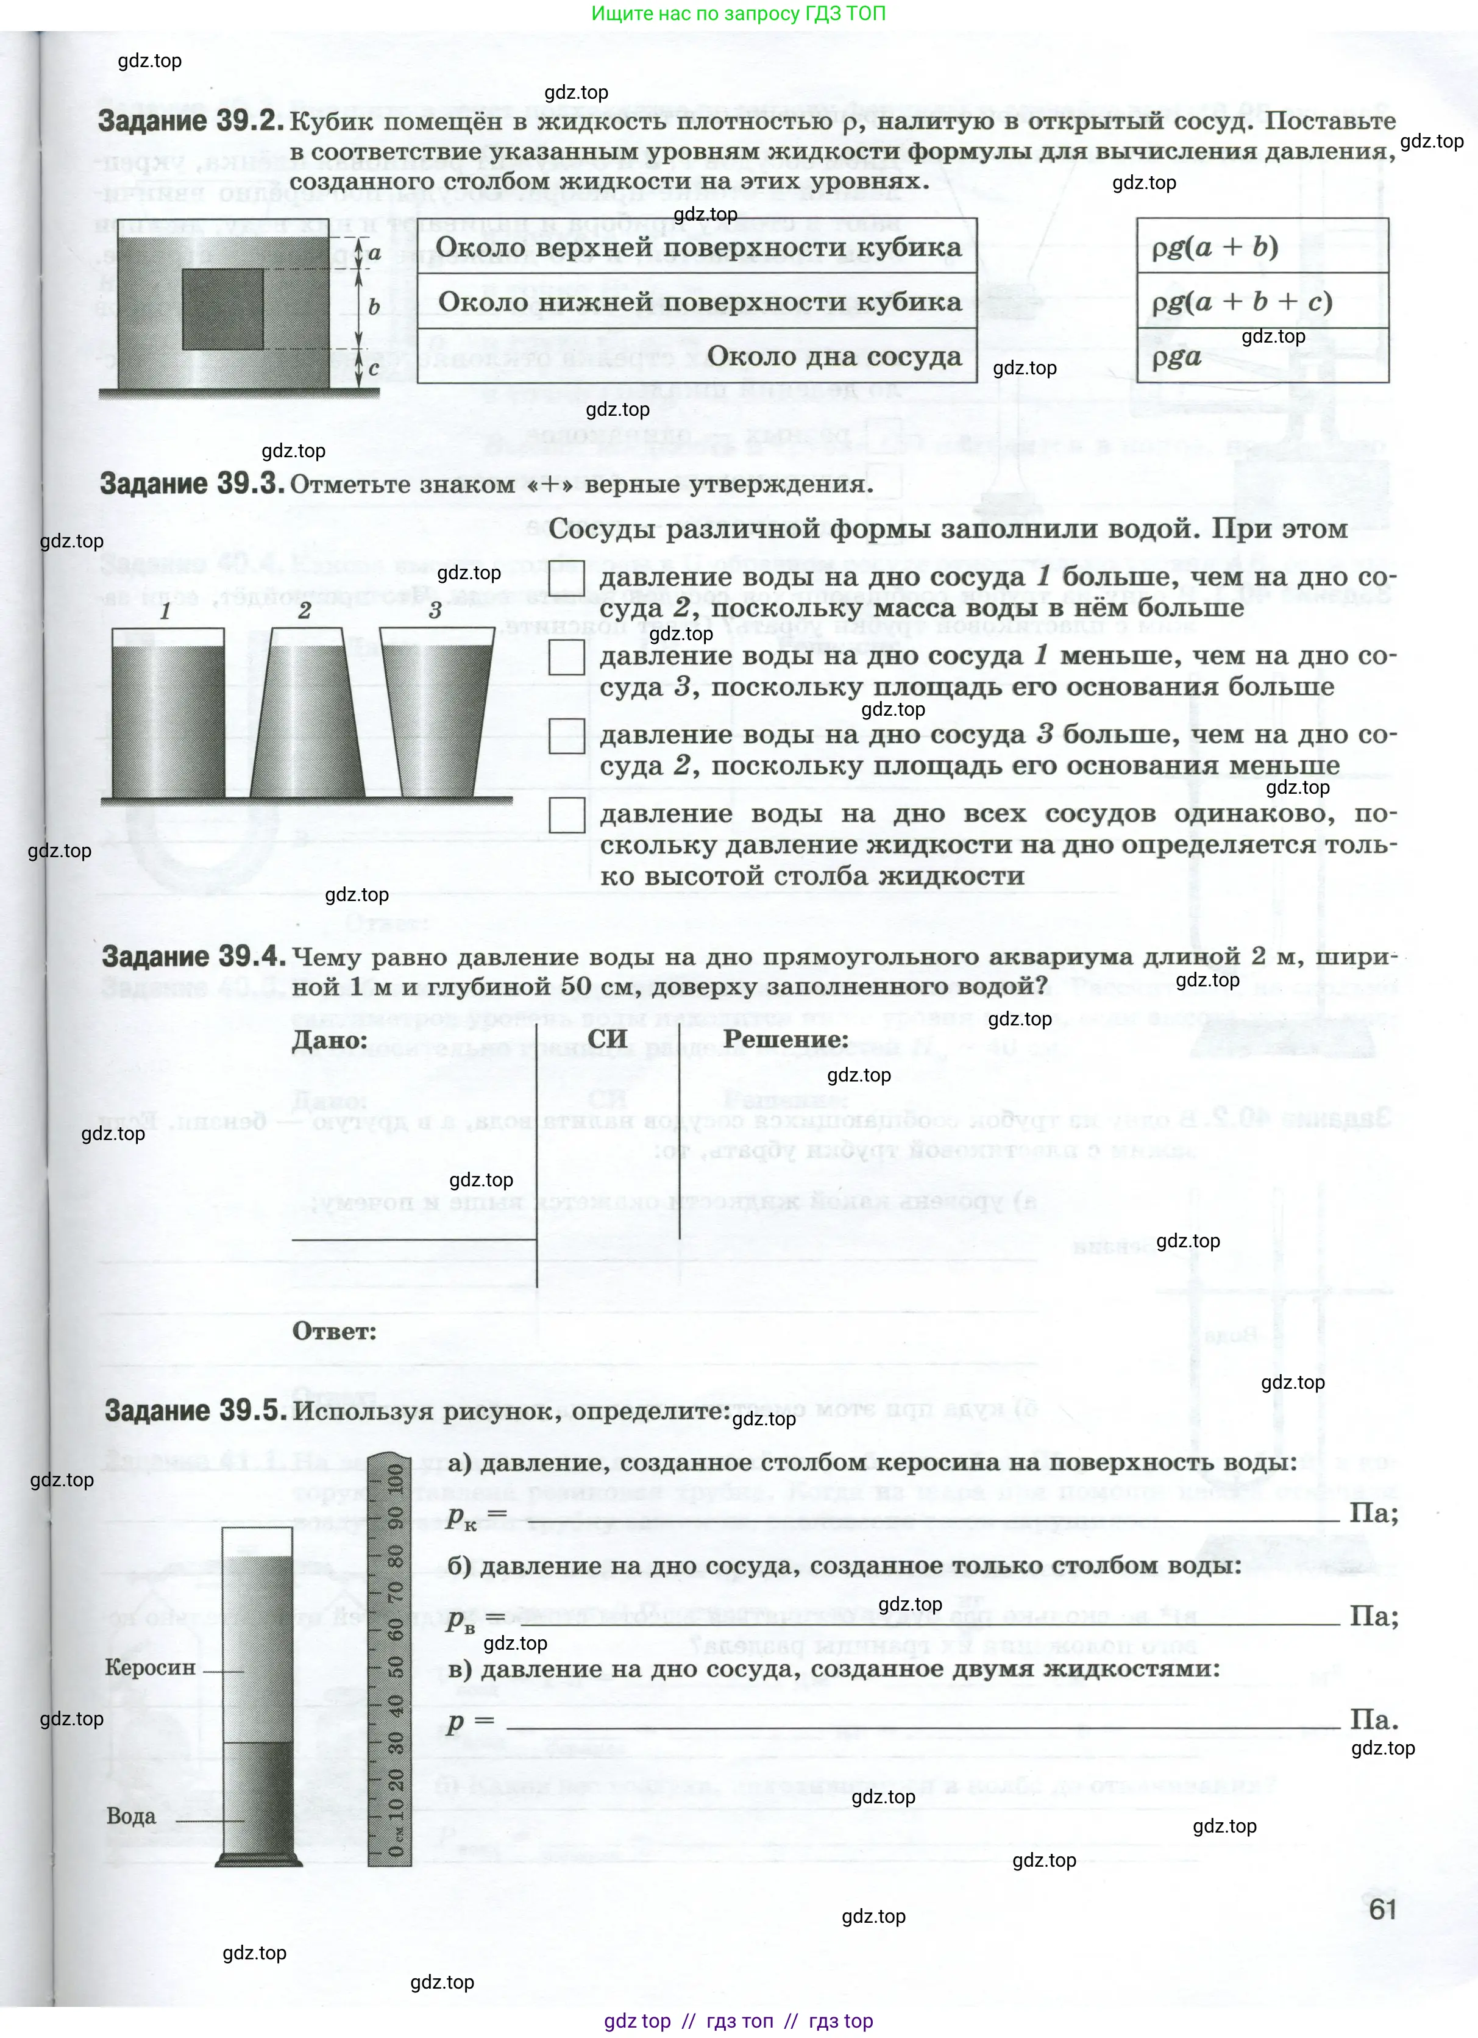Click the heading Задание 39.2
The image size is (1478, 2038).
pos(191,121)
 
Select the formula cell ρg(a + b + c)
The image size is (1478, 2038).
pos(1241,301)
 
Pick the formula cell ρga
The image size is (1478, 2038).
pos(1177,358)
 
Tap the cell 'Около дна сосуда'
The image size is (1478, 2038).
pos(833,357)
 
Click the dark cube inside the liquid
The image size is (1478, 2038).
pos(223,308)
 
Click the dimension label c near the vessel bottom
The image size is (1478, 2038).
pos(373,368)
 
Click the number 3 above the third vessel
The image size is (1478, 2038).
pos(435,611)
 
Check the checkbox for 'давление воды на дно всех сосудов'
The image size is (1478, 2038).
pos(566,815)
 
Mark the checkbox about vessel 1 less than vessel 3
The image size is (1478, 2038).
pos(566,657)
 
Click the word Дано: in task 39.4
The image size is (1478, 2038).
pos(330,1039)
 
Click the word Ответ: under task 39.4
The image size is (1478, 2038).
pos(334,1331)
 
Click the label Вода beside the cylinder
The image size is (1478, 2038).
pos(131,1816)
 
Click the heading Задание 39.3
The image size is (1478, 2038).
pos(191,483)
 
